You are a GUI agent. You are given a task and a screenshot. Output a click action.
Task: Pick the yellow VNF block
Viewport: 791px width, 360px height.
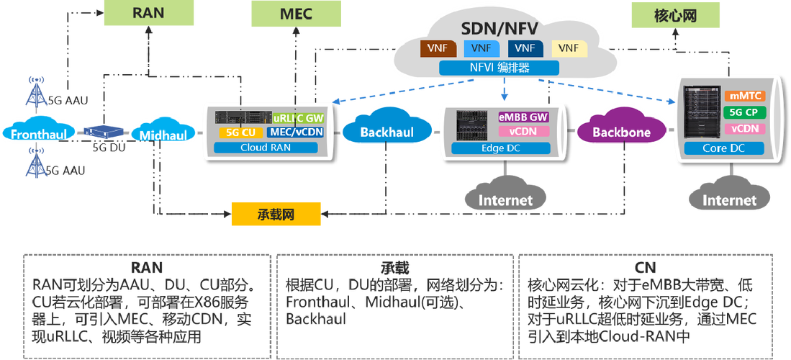tap(569, 48)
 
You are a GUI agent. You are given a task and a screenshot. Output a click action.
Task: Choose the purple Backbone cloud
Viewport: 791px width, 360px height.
tap(621, 132)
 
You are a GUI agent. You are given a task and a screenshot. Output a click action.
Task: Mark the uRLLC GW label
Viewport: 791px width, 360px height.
tap(298, 118)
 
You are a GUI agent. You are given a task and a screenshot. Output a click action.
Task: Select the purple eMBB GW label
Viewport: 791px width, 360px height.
tap(523, 117)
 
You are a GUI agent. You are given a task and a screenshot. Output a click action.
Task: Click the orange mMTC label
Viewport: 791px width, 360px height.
tap(746, 96)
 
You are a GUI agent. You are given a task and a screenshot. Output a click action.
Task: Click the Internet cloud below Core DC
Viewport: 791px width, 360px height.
tap(729, 199)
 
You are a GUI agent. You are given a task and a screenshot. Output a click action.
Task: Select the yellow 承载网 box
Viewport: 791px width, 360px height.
tap(276, 214)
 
